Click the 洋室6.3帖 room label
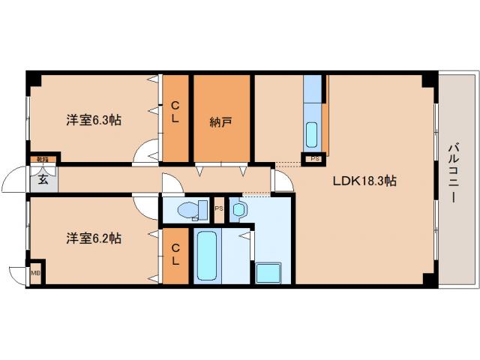tap(94, 119)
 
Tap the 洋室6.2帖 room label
tap(94, 238)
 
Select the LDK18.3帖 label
tap(365, 181)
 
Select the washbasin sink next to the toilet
tap(238, 210)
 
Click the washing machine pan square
tap(268, 272)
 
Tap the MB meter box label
tap(35, 273)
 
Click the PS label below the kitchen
tap(315, 158)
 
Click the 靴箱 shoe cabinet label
tap(43, 160)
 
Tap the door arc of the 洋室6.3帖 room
tap(144, 153)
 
